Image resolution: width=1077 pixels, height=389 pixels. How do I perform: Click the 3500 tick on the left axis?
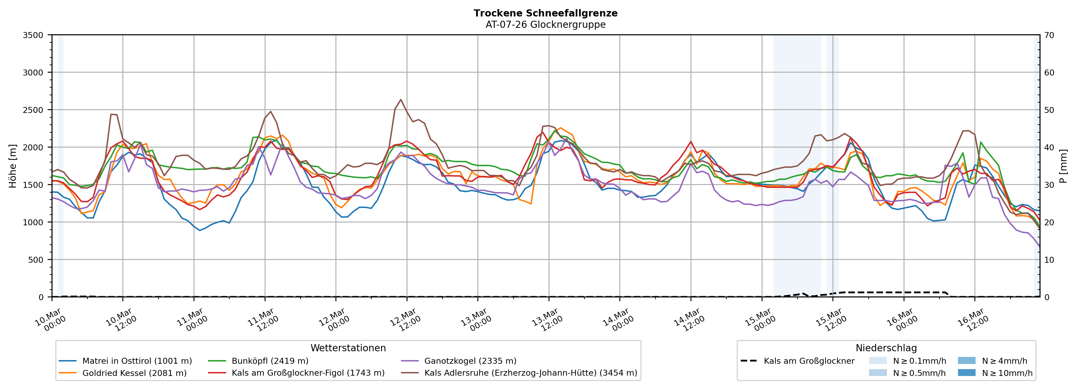pos(33,35)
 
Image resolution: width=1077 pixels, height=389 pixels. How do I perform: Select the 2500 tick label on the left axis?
pos(33,110)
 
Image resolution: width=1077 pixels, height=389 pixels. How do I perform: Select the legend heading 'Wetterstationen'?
pos(348,348)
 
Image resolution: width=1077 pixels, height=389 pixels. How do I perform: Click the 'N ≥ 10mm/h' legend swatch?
pos(966,373)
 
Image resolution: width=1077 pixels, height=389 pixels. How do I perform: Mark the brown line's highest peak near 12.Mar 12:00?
pos(401,100)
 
